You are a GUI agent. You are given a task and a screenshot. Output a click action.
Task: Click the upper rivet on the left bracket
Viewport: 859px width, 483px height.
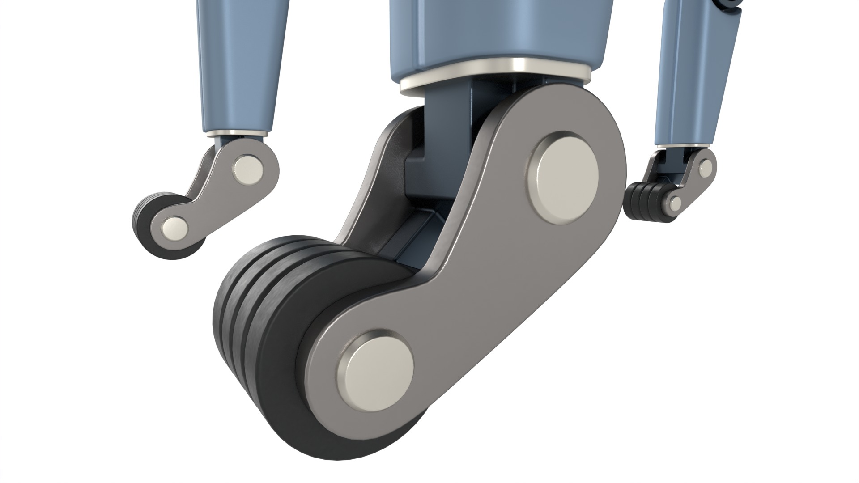(248, 170)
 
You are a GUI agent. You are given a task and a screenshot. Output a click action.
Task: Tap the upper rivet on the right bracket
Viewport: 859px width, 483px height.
(705, 167)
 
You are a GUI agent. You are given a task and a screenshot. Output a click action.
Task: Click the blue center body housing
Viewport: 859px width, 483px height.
(501, 31)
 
